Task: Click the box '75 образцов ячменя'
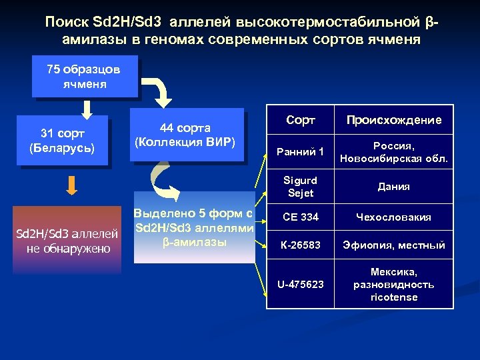tap(85, 77)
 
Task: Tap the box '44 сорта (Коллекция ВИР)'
tap(185, 135)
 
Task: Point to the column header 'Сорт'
tap(299, 120)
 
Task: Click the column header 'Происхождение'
tap(393, 120)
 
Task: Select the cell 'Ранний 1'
tap(299, 152)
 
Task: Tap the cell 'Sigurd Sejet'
tap(299, 186)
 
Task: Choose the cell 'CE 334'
tap(299, 217)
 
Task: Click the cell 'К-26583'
tap(299, 245)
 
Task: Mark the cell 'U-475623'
tap(299, 284)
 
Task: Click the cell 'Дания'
tap(393, 187)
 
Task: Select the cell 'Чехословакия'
tap(393, 217)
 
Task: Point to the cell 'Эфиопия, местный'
tap(393, 245)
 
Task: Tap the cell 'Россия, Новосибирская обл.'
tap(393, 152)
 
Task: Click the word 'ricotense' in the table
tap(393, 297)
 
